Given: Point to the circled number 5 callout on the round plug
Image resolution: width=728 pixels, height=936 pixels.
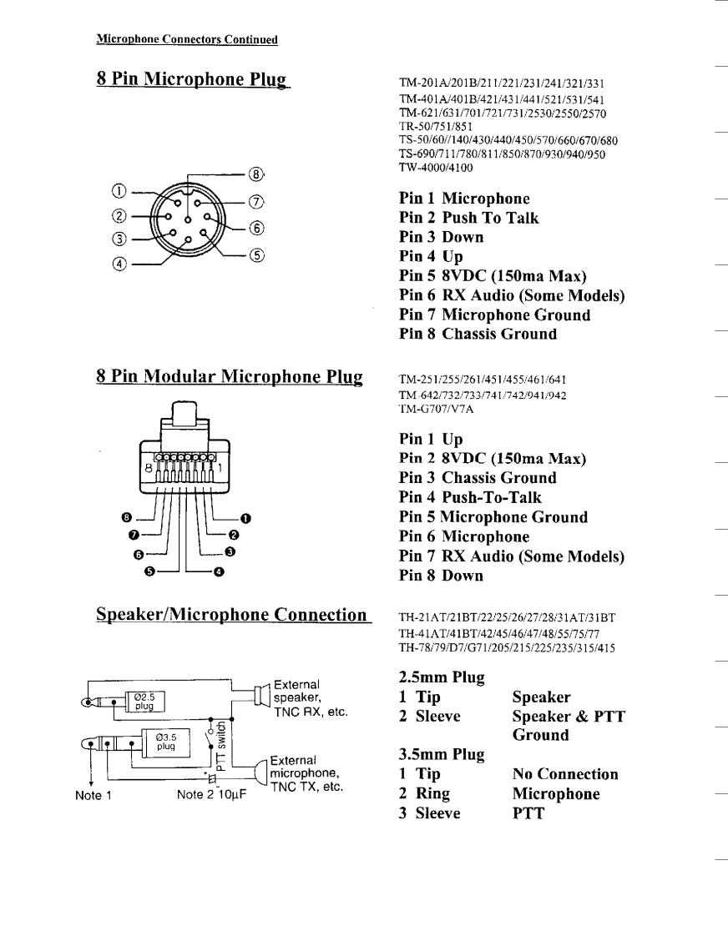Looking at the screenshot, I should tap(256, 255).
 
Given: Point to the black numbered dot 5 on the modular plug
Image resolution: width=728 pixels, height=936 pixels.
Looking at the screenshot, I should tap(150, 571).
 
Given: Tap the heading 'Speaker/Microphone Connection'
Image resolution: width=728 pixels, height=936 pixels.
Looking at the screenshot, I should tap(231, 615).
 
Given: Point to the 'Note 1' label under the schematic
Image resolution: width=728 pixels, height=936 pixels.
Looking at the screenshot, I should tap(94, 796).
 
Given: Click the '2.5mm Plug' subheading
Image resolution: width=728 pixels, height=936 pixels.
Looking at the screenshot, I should tap(442, 677).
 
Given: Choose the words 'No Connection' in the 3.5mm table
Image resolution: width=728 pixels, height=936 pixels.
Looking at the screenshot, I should tap(565, 774).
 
